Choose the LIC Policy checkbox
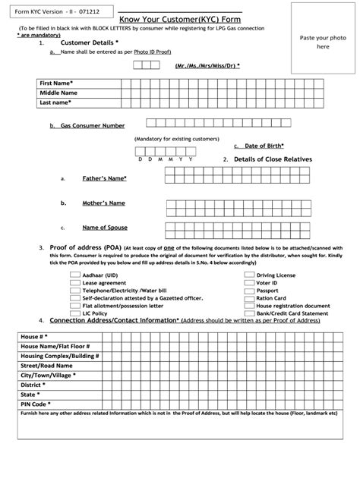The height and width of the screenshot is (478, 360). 75,313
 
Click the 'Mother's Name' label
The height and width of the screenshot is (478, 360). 103,203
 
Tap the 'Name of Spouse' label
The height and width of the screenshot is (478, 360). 104,227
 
